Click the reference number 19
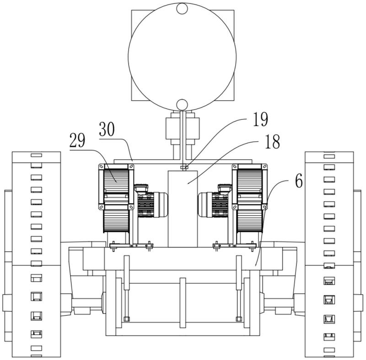point(261,119)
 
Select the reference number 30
point(107,129)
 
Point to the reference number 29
point(77,140)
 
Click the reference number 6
point(299,181)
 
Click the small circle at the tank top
point(182,8)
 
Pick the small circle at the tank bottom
point(182,104)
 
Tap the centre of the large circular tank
point(182,56)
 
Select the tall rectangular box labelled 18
point(183,209)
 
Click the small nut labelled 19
point(184,167)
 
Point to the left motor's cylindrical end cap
point(161,205)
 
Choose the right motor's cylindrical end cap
point(205,205)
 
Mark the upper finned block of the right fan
point(250,181)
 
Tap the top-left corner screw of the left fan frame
point(102,167)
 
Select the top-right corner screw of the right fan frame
point(264,167)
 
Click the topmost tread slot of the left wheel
point(37,155)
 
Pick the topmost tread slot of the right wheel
point(329,156)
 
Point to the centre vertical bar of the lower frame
point(183,303)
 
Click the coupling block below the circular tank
point(183,129)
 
